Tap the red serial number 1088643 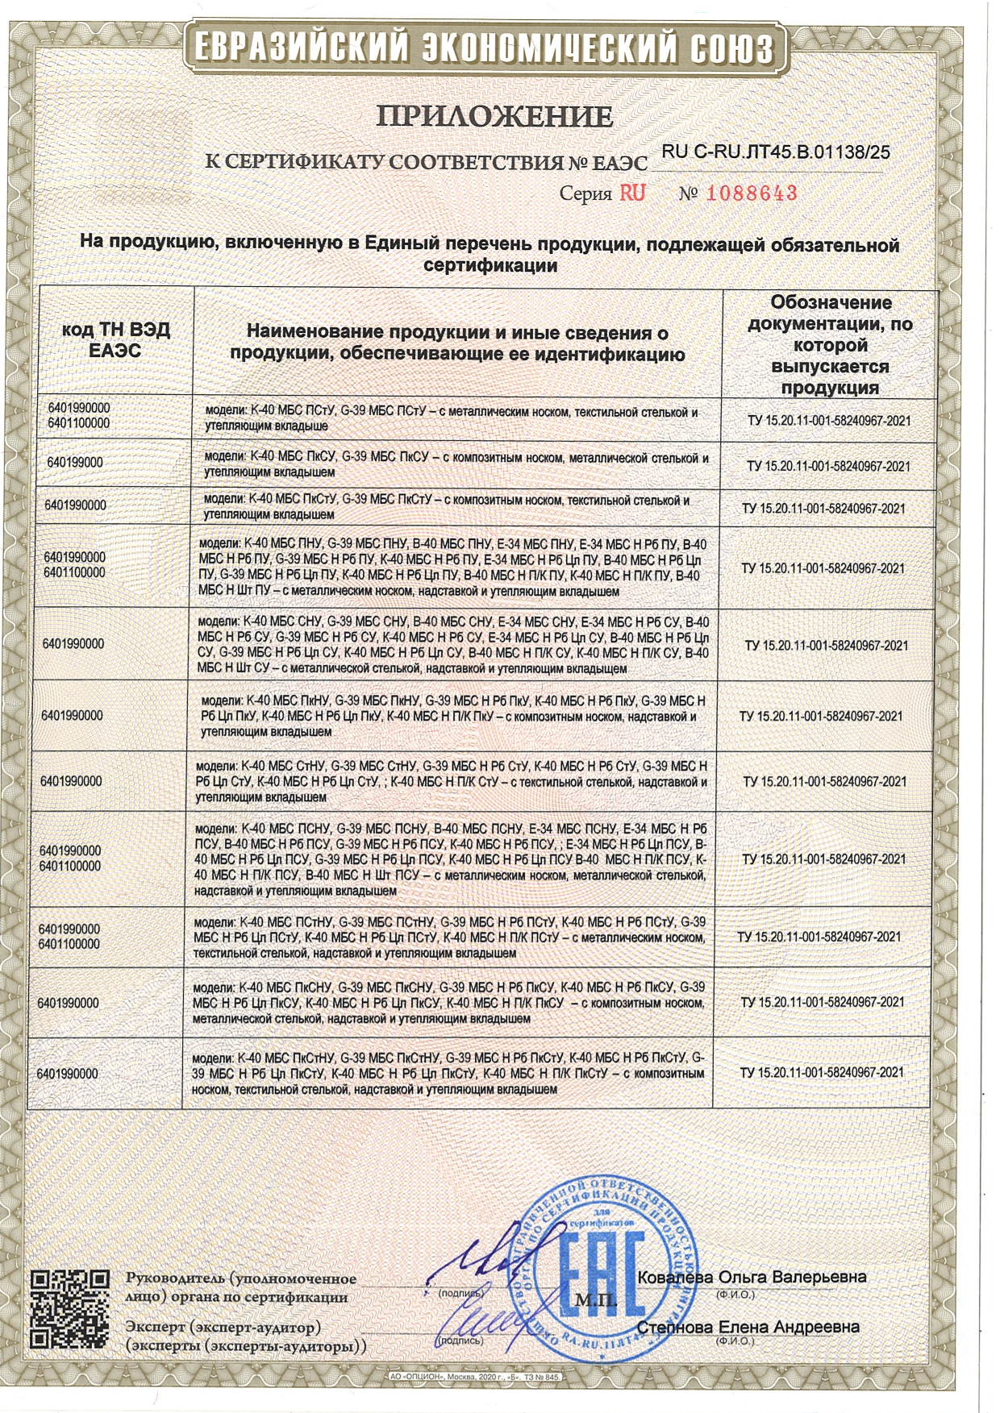click(752, 193)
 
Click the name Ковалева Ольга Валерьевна click(752, 1277)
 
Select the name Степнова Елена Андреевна click(748, 1327)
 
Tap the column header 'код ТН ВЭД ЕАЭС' click(116, 340)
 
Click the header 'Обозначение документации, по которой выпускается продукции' click(830, 344)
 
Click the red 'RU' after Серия click(632, 193)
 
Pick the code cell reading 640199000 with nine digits click(75, 463)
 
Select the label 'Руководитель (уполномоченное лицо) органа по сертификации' click(241, 1288)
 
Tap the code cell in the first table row click(79, 415)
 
